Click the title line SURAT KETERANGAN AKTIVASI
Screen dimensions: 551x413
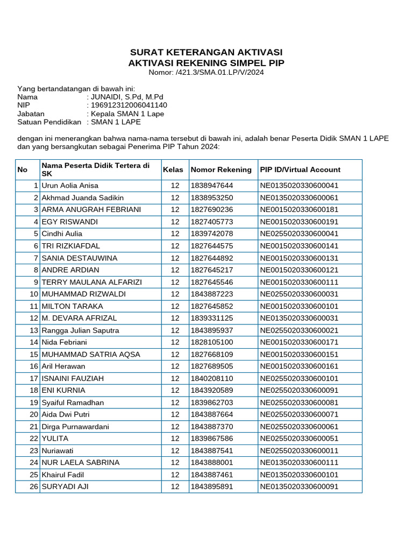pos(206,52)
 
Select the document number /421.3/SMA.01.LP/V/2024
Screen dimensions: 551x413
pos(219,73)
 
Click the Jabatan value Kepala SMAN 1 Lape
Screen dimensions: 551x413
pos(127,114)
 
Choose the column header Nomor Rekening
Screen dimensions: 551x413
pos(221,169)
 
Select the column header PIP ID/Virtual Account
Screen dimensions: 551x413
pos(300,169)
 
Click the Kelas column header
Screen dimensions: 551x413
pos(173,169)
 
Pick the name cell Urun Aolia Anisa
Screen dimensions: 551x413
pos(70,186)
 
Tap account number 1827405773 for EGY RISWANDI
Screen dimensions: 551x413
pos(212,222)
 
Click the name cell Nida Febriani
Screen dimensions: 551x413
pos(64,342)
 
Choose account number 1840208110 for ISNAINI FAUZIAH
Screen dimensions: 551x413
pos(212,378)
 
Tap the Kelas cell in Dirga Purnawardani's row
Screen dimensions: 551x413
pos(175,427)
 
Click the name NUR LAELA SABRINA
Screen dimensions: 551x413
pos(81,462)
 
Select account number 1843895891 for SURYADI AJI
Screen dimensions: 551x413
pos(212,486)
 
